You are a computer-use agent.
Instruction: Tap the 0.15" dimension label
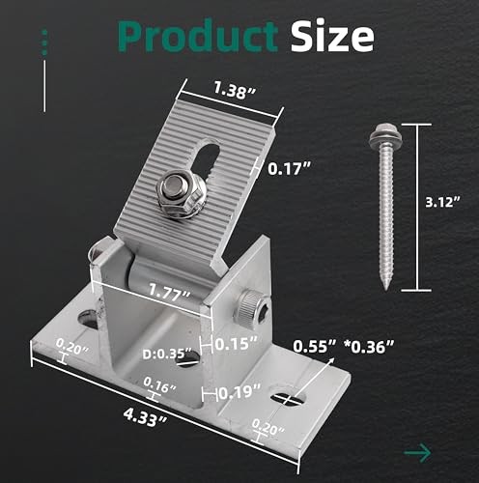pos(237,343)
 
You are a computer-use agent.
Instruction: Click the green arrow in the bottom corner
pos(417,451)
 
